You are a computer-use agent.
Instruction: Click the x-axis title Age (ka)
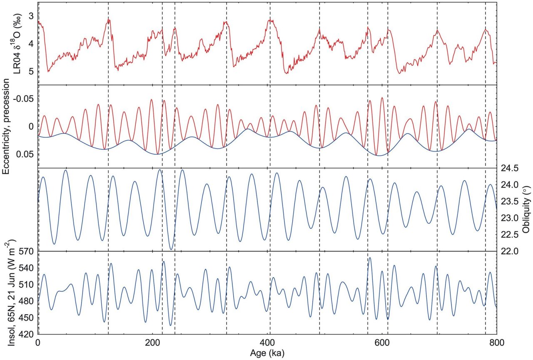click(x=267, y=353)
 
